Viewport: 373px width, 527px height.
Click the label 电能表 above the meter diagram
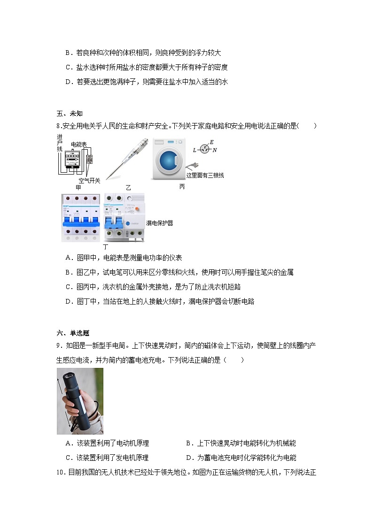78,145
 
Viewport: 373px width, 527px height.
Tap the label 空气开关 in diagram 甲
89,181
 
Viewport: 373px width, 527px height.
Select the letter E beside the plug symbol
211,142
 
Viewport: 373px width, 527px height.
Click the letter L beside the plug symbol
194,150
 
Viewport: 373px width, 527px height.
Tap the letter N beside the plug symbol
215,150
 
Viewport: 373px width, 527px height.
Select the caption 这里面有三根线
205,176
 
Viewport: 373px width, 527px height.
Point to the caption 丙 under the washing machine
182,187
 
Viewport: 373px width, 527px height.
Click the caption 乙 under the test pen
128,187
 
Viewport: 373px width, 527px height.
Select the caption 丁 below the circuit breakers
106,246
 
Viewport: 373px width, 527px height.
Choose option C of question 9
107,458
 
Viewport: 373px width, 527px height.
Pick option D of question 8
160,301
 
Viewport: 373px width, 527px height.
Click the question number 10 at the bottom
60,472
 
